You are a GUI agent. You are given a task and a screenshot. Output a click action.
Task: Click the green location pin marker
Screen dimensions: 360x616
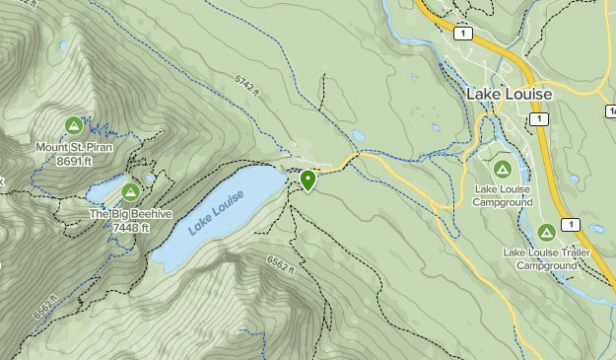point(308,180)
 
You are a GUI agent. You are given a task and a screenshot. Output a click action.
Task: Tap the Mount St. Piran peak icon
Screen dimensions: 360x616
point(73,125)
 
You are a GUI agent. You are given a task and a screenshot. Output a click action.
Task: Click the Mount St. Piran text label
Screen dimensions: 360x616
point(74,147)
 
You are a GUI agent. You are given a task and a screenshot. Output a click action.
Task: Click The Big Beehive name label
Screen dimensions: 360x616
point(130,214)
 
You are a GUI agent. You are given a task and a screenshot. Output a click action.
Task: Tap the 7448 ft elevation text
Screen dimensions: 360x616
point(130,227)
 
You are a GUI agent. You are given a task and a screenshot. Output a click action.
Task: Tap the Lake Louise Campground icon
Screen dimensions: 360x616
point(503,169)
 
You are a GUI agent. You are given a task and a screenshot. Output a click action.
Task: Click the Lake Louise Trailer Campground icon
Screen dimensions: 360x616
point(546,233)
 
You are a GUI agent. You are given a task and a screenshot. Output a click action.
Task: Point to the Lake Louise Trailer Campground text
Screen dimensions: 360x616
point(546,258)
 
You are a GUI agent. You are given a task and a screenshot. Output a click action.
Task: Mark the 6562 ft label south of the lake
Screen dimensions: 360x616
point(281,264)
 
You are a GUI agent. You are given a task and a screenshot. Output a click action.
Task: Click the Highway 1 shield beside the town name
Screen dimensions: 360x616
point(538,118)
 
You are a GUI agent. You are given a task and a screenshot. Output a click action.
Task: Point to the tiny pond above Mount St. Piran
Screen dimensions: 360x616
point(63,45)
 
